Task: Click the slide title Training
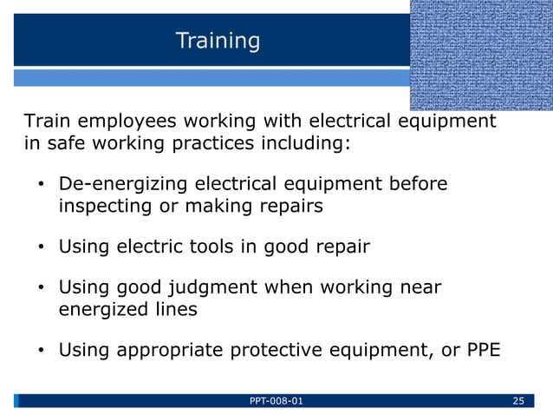click(218, 41)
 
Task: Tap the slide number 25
click(519, 400)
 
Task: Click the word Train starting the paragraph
click(47, 121)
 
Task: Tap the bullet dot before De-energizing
click(40, 185)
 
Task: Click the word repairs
click(291, 207)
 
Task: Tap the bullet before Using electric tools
click(40, 247)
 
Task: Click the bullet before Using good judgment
click(40, 288)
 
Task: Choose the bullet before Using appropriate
click(40, 351)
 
